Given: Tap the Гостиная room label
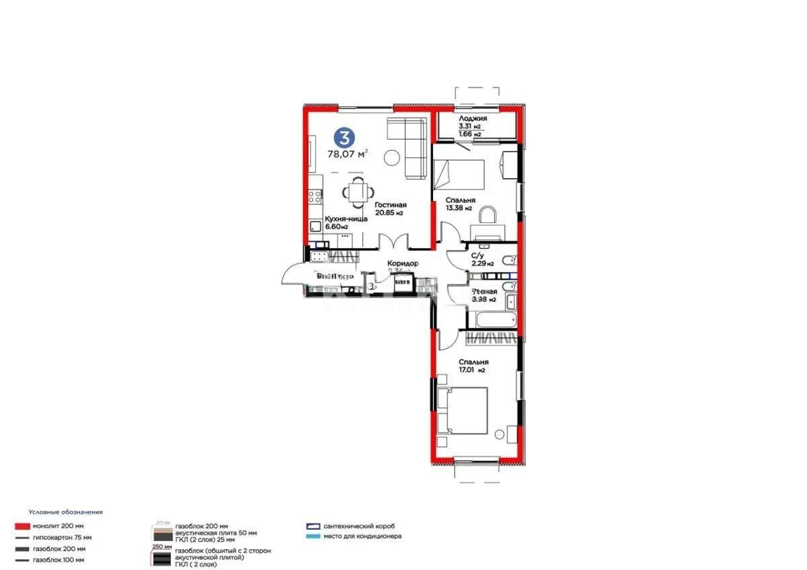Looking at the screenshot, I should [x=390, y=205].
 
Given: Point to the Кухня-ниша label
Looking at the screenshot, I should [x=346, y=218].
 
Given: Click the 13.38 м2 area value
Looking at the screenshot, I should [x=460, y=208].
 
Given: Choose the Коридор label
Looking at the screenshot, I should [x=403, y=263].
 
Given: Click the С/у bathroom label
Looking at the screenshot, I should [x=477, y=255].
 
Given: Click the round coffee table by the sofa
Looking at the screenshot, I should [x=391, y=158].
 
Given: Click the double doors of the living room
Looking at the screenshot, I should [x=393, y=242].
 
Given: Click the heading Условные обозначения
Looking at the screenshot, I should [x=65, y=512].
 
